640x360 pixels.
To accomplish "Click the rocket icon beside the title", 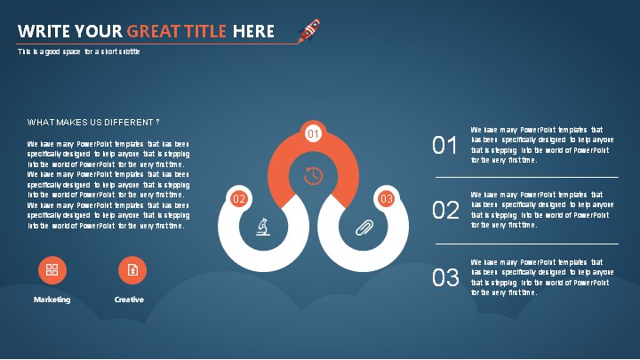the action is [x=309, y=30].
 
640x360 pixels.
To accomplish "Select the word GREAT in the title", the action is [x=153, y=31].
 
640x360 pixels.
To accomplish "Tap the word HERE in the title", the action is [x=253, y=31].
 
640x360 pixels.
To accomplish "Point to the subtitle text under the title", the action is [x=79, y=52].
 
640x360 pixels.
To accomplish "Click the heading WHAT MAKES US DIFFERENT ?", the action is [x=93, y=123].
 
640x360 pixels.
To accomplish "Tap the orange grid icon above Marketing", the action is [x=52, y=270].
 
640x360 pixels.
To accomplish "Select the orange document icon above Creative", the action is [x=132, y=270].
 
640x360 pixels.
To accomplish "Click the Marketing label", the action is [x=52, y=300].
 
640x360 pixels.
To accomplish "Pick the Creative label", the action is [x=129, y=300].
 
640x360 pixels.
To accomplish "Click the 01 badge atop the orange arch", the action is [x=313, y=133].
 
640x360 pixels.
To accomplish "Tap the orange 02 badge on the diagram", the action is [x=239, y=199].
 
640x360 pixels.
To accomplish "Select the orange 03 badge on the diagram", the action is [x=386, y=199].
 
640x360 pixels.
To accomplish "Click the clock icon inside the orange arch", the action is [x=313, y=176].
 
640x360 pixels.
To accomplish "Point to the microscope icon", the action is [x=263, y=227].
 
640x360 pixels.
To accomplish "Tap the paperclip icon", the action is [x=364, y=228].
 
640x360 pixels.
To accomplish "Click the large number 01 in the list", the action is [x=444, y=145].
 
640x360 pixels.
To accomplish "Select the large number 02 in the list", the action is [x=445, y=210].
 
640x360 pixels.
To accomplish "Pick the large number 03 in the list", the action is [x=445, y=277].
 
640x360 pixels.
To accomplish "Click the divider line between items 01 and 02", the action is [x=527, y=178].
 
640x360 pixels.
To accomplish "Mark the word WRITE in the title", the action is [x=44, y=31].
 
